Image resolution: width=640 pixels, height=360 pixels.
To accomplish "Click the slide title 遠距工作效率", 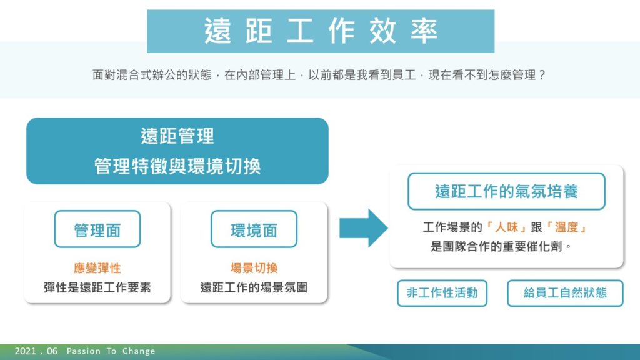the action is pyautogui.click(x=321, y=31).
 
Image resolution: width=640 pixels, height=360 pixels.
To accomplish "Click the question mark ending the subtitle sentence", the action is pyautogui.click(x=542, y=75).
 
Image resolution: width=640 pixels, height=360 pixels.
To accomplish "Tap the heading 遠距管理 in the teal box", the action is pyautogui.click(x=177, y=136).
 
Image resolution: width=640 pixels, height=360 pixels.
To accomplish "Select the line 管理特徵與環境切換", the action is pyautogui.click(x=177, y=166).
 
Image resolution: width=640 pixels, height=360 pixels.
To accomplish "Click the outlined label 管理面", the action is pyautogui.click(x=97, y=229).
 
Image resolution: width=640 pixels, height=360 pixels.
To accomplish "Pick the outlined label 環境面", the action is pyautogui.click(x=254, y=229).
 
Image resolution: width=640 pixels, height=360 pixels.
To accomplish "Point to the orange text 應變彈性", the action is pyautogui.click(x=97, y=268).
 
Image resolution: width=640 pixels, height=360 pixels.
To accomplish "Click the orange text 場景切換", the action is pyautogui.click(x=254, y=268).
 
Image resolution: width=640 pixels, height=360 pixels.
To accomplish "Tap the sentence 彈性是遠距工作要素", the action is pyautogui.click(x=97, y=287).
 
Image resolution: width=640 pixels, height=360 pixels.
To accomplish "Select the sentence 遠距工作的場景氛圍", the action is pyautogui.click(x=254, y=287).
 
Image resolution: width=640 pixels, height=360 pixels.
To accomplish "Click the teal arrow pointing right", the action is pyautogui.click(x=363, y=228).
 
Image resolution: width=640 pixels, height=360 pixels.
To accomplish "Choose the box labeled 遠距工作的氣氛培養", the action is pyautogui.click(x=506, y=191).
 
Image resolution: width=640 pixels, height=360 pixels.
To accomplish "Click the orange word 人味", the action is pyautogui.click(x=506, y=227).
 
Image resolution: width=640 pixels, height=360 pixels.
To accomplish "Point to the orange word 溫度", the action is pyautogui.click(x=566, y=227).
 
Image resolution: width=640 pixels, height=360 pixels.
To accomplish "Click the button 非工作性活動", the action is pyautogui.click(x=442, y=293).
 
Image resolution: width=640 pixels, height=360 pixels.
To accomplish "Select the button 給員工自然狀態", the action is pyautogui.click(x=565, y=293).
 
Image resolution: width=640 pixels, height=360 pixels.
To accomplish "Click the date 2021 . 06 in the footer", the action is pyautogui.click(x=36, y=351).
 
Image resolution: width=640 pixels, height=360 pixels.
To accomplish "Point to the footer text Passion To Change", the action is pyautogui.click(x=111, y=351).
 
